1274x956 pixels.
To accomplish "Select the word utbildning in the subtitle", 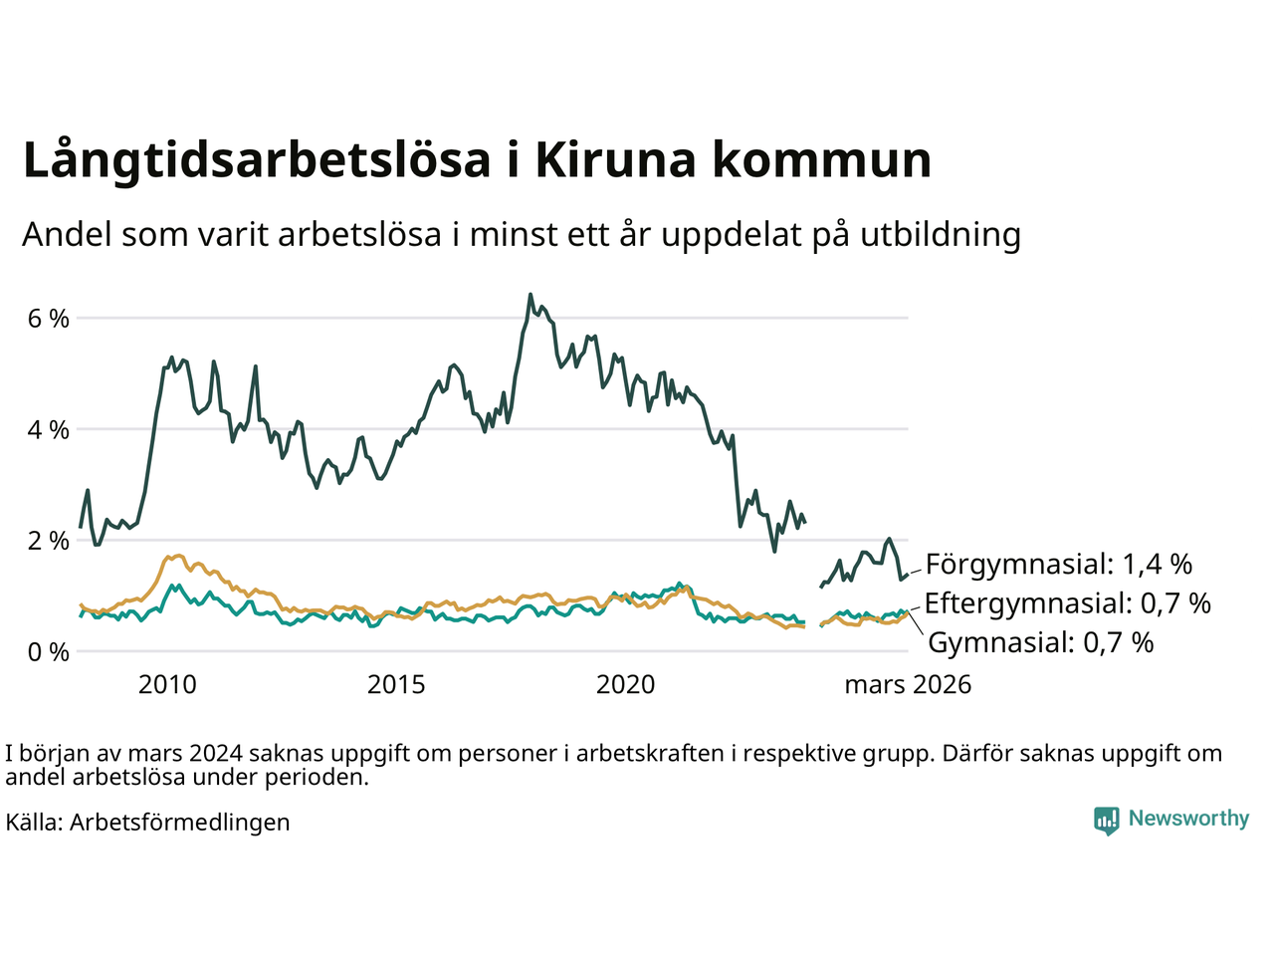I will pos(941,234).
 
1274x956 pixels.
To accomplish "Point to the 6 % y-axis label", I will pos(49,319).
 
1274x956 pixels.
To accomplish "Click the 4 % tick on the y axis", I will pos(49,430).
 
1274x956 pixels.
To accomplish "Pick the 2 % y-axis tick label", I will pos(49,541).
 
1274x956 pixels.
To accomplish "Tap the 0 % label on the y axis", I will pos(49,652).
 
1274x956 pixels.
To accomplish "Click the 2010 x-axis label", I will pos(167,685).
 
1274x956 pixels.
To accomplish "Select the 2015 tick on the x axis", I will pos(396,685).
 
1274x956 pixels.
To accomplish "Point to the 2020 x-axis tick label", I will pos(625,685).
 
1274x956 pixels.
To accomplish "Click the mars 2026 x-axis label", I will pos(908,685).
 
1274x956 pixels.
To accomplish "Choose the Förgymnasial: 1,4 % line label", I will pos(1058,565).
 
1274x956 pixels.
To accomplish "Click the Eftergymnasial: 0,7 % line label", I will pos(1067,603).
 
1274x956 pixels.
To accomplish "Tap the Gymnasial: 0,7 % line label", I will pos(1040,642).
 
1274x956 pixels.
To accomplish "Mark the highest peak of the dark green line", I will pos(531,295).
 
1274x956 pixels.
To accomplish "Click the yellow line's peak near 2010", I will pos(177,555).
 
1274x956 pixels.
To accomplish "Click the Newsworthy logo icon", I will pos(1106,820).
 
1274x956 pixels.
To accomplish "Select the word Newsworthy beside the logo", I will pos(1188,819).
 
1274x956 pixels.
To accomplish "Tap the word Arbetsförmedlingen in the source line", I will pos(180,823).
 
